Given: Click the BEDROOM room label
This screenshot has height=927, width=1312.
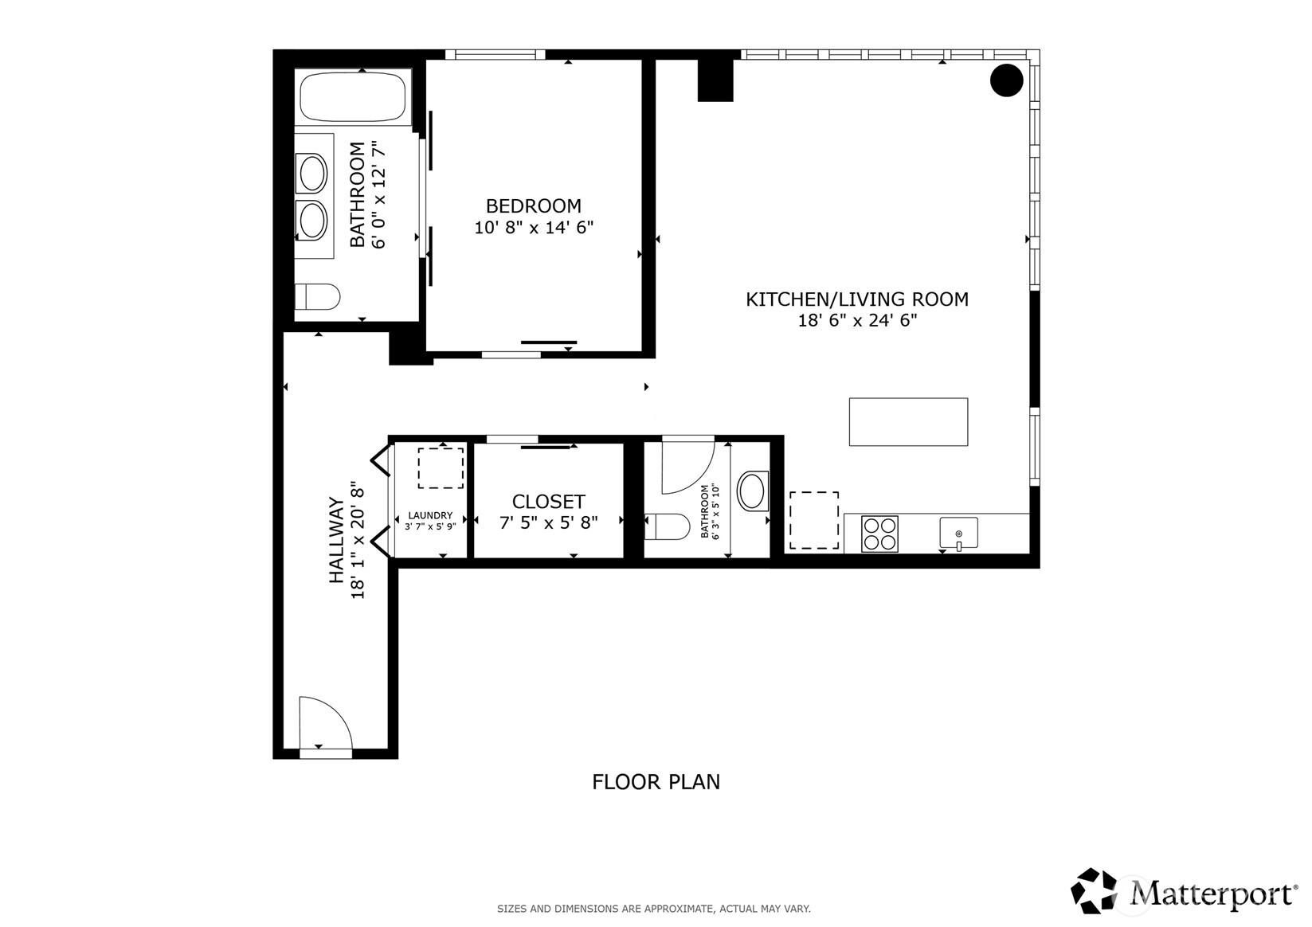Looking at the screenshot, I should pos(534,206).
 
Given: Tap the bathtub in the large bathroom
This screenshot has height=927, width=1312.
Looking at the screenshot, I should pos(354,97).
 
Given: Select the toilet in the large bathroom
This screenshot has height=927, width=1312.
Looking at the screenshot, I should pos(318,296).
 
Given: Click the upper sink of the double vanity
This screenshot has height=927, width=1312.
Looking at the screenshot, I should pos(311,173).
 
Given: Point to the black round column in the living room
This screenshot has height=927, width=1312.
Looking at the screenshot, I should pos(1006,80).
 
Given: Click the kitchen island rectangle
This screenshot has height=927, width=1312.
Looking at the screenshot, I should pos(908,421).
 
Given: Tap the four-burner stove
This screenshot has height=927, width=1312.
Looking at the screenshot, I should pos(879,534).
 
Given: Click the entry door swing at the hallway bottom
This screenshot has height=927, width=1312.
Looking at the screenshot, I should pos(324,723).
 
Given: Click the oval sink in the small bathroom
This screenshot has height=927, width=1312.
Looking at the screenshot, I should pos(753,491).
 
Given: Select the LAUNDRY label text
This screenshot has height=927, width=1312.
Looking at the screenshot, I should pos(430,515).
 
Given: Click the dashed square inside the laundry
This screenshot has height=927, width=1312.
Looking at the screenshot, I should pos(441,468).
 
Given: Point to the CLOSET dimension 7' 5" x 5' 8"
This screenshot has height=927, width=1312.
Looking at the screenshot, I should pos(549,522).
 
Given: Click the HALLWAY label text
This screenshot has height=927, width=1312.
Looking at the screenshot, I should pos(337,541).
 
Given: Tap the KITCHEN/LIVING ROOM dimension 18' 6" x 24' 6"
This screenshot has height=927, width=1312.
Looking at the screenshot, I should pos(858,320).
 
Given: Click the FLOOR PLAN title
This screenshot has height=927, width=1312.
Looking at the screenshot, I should pos(656,782).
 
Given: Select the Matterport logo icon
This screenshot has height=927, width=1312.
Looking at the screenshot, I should pos(1095,891).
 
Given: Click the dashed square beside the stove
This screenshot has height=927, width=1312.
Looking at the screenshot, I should pos(813,521).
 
